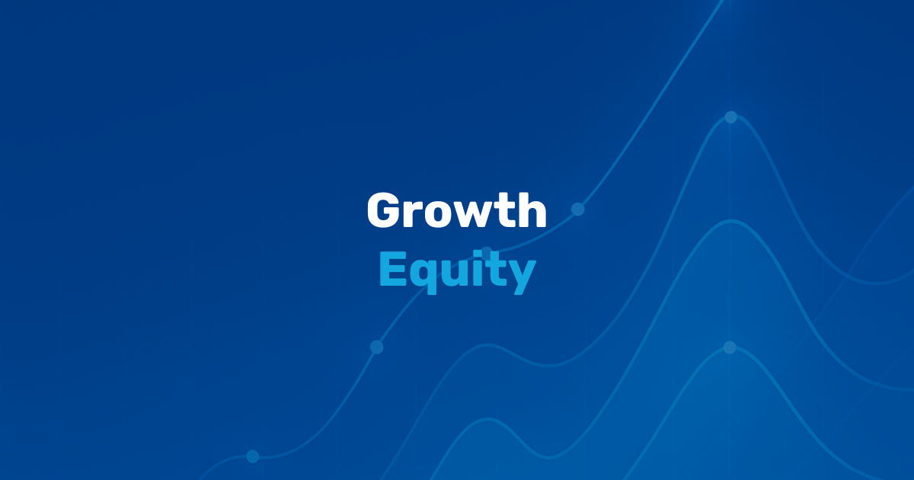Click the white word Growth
456,210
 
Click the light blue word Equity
458,271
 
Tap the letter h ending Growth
532,210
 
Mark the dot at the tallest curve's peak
730,117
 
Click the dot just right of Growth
578,209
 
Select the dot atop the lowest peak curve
730,347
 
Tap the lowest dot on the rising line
253,456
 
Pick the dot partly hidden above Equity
487,251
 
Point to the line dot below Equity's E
376,347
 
